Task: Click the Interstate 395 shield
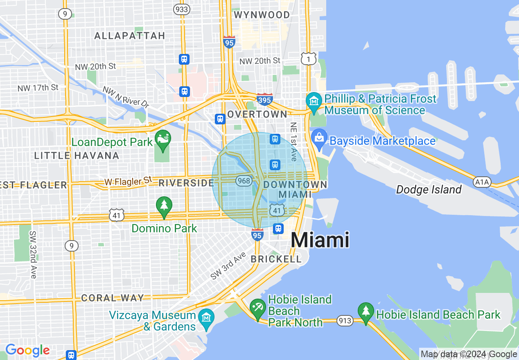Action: (265, 99)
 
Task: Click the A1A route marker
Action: (482, 181)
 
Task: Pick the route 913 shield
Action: (345, 321)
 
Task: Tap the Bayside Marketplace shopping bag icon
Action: (318, 137)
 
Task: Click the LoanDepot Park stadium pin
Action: (163, 139)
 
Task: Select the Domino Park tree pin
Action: (164, 205)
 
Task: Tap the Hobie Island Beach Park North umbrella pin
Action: (257, 308)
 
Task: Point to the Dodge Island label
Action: (429, 190)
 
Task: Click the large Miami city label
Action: (320, 240)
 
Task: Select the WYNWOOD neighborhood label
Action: (262, 15)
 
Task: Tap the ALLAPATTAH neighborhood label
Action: (129, 36)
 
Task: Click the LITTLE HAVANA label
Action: (77, 156)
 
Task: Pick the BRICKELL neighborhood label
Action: (276, 259)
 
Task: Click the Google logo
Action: (27, 350)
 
